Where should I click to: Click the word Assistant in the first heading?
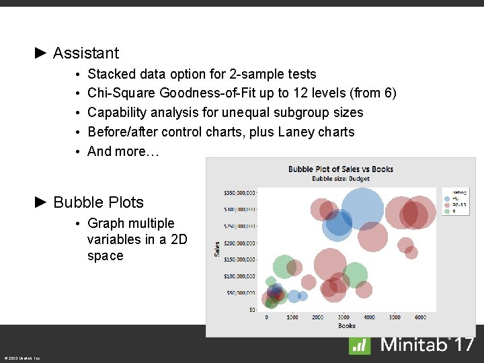tap(85, 53)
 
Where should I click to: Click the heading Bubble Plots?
tap(98, 202)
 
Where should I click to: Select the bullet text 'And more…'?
tap(123, 151)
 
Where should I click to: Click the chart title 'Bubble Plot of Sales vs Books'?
tap(341, 169)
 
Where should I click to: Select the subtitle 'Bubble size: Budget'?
tap(341, 179)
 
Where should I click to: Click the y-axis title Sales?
tap(216, 249)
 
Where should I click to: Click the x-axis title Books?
tap(347, 326)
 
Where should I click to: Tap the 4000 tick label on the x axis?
tap(369, 317)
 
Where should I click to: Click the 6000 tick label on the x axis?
tap(420, 317)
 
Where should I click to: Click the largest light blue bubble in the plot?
tap(362, 208)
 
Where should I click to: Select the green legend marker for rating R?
tap(448, 211)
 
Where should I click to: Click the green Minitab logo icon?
tap(360, 346)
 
